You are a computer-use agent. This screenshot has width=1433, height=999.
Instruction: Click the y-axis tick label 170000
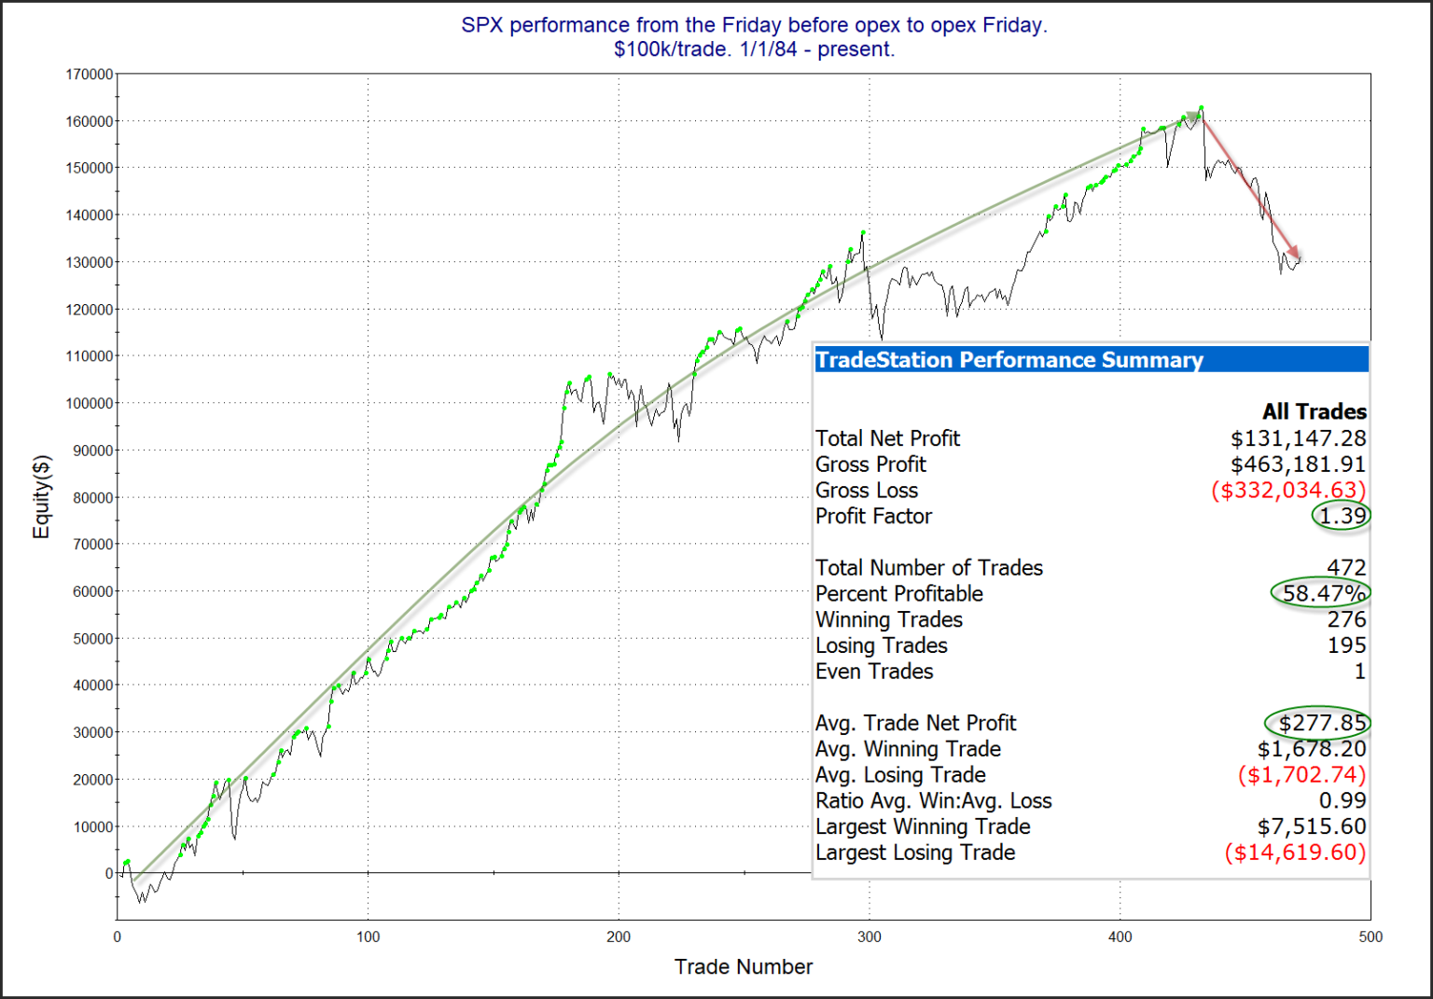[90, 74]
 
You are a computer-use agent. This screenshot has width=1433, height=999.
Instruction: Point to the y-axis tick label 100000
[90, 403]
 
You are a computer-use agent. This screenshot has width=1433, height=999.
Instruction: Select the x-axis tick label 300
[869, 937]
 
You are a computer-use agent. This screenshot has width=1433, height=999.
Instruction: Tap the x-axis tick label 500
[1370, 937]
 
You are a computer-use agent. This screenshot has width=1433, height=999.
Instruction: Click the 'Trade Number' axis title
[743, 966]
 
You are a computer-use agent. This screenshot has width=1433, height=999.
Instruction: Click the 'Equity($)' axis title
[41, 496]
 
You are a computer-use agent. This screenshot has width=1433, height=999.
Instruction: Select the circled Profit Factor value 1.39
[1342, 516]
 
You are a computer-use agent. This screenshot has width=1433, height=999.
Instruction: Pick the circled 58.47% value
[1323, 593]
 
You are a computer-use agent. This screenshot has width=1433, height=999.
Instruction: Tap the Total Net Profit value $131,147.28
[1298, 438]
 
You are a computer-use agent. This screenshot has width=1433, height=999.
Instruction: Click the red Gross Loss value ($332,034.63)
[1288, 491]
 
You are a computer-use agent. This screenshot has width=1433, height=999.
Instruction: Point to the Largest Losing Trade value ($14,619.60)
[1295, 853]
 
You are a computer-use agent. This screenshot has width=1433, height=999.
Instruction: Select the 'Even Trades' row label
[873, 672]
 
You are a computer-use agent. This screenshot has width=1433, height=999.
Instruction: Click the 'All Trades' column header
[1314, 411]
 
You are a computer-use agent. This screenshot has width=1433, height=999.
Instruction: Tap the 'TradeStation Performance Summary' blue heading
[1009, 360]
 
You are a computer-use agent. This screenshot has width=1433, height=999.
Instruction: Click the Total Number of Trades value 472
[1346, 567]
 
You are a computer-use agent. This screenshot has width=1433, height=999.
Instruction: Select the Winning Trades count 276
[1346, 619]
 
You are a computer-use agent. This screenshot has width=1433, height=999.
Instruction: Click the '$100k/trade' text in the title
[672, 49]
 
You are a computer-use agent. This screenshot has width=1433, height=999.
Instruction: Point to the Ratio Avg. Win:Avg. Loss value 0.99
[1342, 800]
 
